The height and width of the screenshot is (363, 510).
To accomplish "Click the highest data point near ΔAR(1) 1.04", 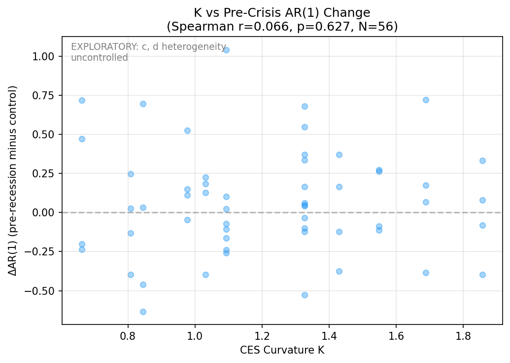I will (226, 50).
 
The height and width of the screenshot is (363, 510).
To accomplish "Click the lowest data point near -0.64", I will (143, 312).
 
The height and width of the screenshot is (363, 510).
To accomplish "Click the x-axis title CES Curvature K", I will (282, 350).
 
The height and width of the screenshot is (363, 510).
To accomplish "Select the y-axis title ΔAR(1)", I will (13, 180).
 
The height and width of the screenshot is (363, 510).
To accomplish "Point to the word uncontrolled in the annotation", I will (100, 58).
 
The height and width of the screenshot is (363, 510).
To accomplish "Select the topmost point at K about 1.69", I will (426, 100).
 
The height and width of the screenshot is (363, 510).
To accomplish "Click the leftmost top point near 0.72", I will (82, 100).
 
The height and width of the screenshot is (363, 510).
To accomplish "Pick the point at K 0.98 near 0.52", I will (187, 130).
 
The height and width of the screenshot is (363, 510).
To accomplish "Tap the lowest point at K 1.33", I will (305, 295).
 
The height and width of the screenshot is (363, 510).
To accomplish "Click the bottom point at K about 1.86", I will (482, 275).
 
